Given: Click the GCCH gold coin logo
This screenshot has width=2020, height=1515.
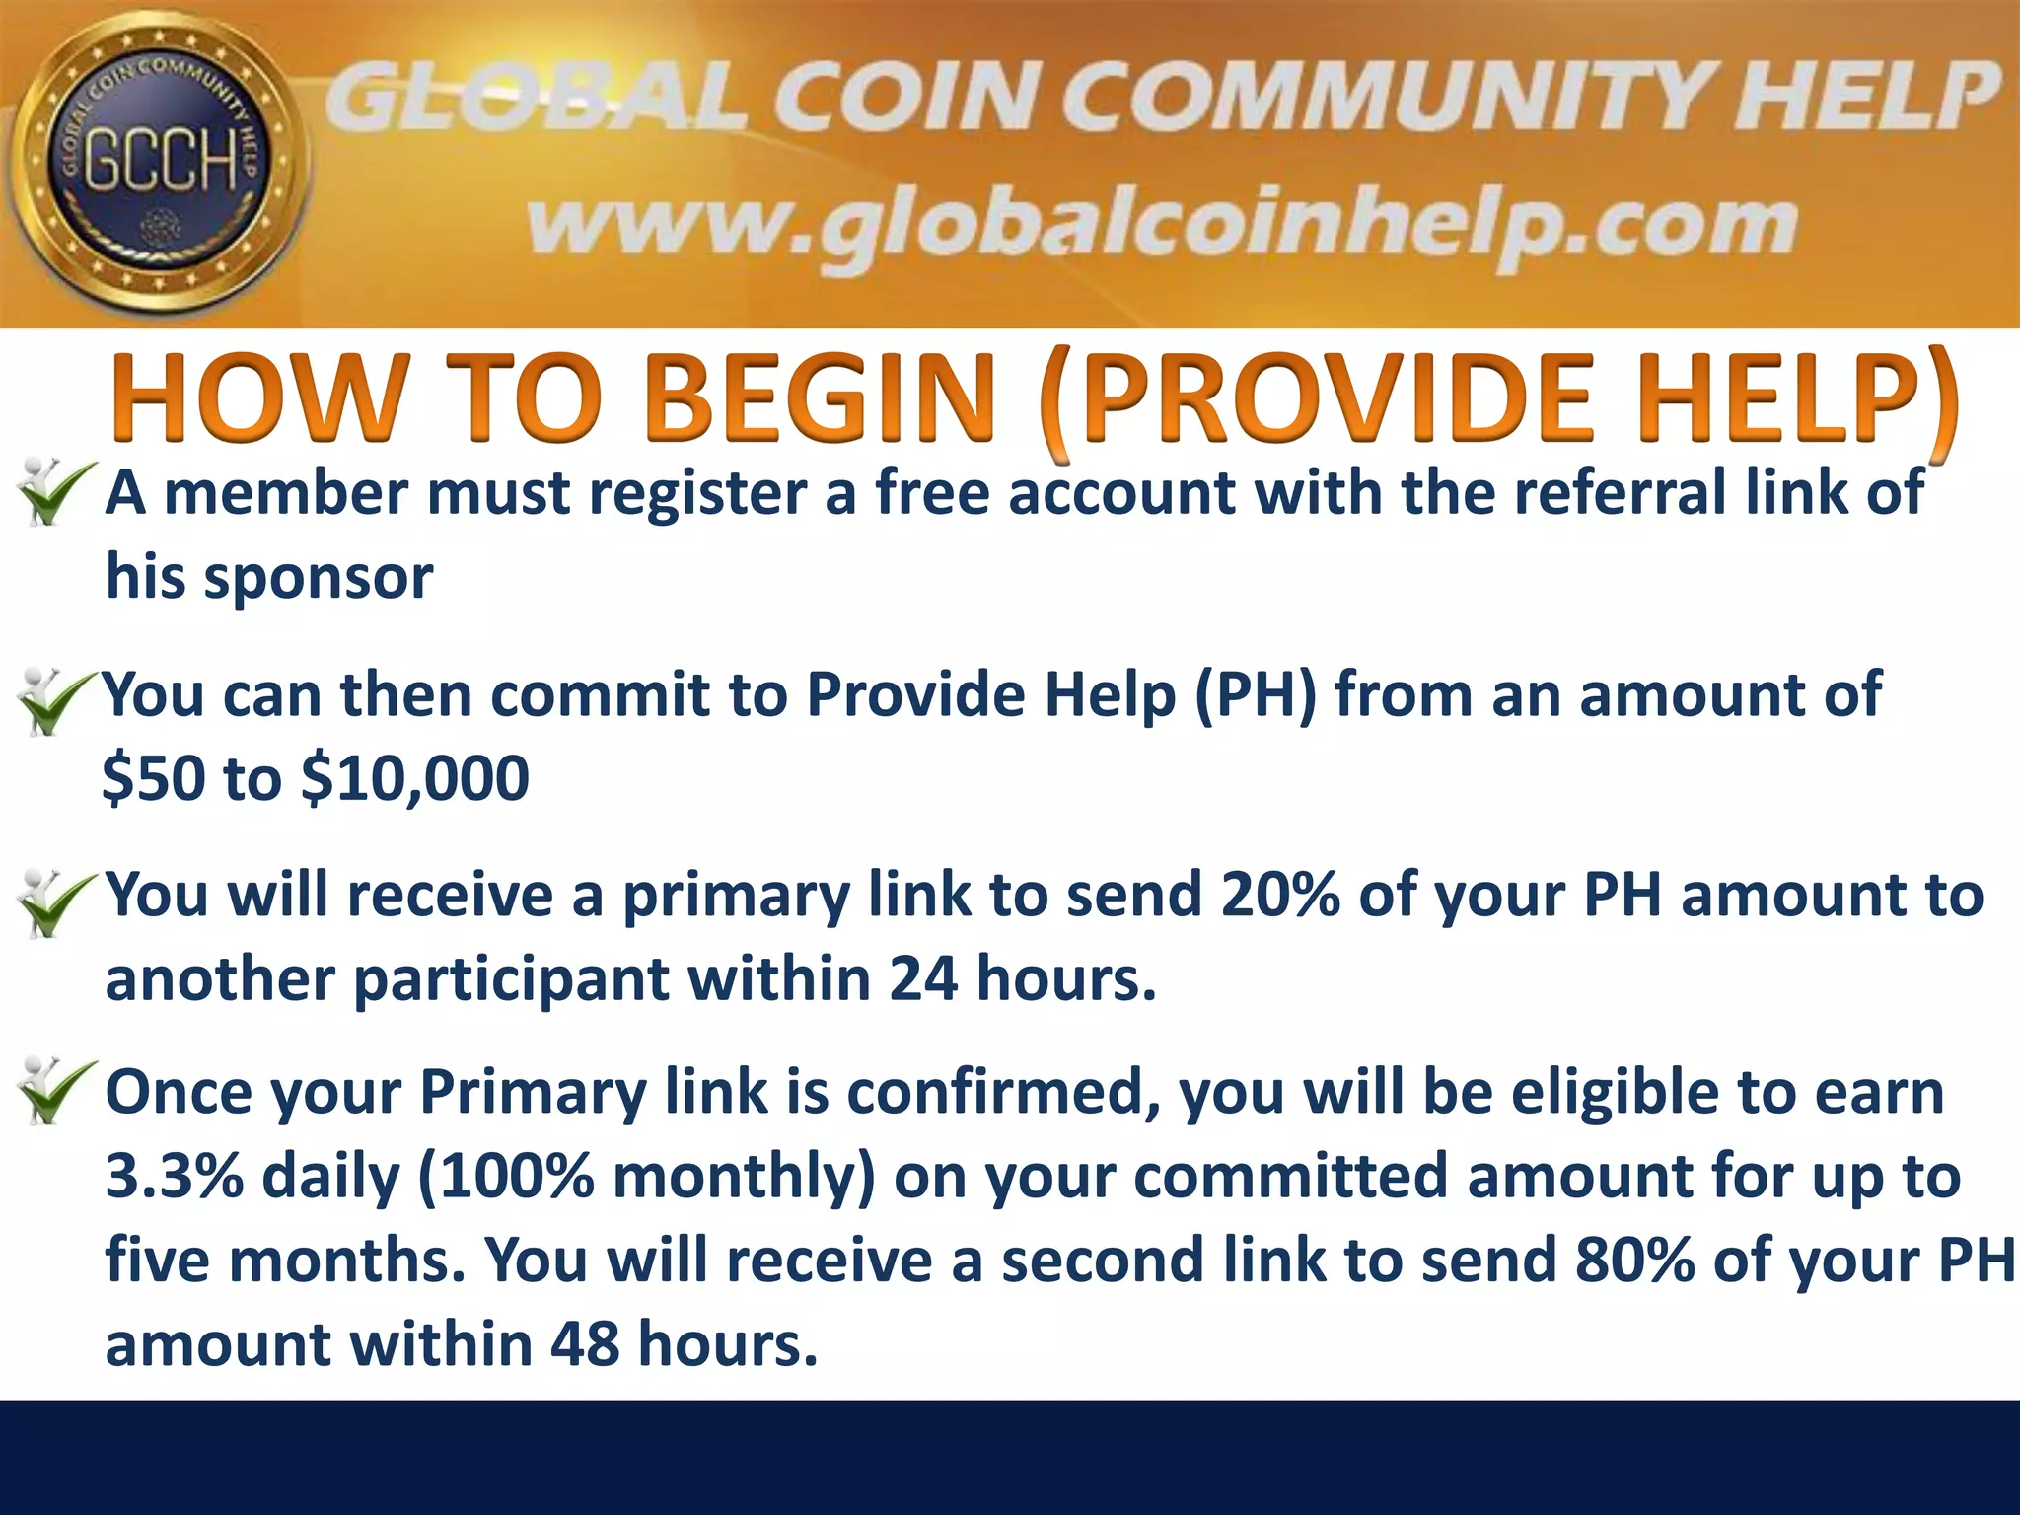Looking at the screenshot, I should (158, 163).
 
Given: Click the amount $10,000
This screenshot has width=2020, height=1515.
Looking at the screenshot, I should (414, 779).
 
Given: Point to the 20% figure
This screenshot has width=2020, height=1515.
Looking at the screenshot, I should (1279, 896).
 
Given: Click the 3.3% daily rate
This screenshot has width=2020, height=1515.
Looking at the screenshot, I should (174, 1177).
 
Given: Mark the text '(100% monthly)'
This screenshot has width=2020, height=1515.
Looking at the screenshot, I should (647, 1177).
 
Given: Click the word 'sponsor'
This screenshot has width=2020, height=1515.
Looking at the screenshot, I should (318, 578).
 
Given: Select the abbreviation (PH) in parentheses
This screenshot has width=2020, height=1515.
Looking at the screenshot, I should (1255, 695).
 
